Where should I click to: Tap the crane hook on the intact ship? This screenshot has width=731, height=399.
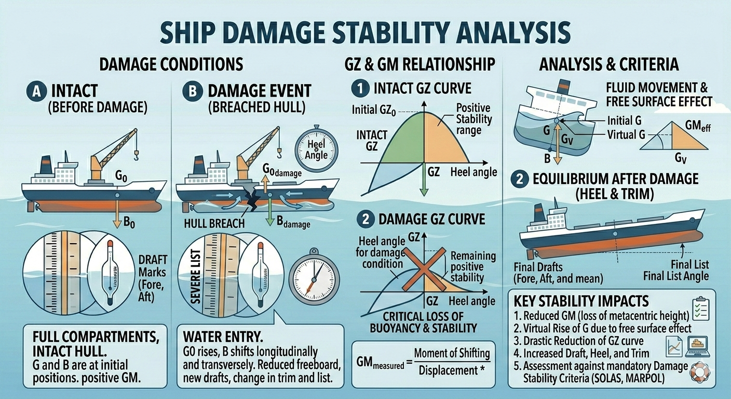pos(137,153)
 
